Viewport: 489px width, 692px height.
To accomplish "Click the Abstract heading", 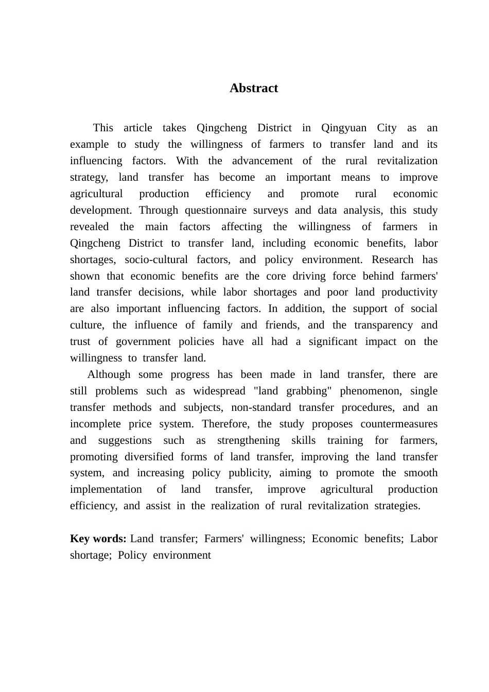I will click(x=254, y=88).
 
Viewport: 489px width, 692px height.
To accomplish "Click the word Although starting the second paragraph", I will click(x=109, y=374).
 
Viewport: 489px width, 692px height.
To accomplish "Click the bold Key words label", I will click(x=98, y=539).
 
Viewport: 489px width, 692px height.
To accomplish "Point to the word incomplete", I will click(x=95, y=424).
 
